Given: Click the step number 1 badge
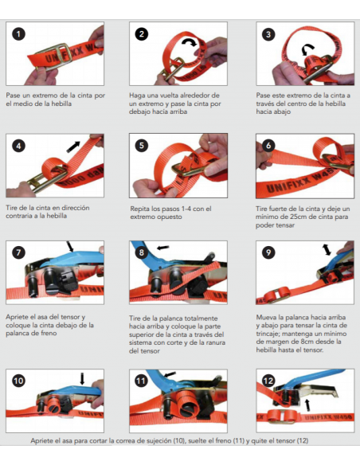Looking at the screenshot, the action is (x=18, y=33).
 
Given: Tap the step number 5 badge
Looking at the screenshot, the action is (x=142, y=146).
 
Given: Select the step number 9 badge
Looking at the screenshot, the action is (x=268, y=252).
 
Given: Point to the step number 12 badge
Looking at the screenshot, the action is (x=268, y=381).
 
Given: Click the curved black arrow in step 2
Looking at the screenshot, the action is (x=190, y=42).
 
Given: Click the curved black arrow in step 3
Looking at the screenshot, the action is (x=307, y=49).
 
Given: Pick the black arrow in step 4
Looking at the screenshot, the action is (x=73, y=147).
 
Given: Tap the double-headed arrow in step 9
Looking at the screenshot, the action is (x=327, y=250).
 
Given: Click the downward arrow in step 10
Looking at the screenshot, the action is (x=83, y=379).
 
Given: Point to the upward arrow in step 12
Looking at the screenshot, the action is (x=307, y=405).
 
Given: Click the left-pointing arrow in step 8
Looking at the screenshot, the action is (x=162, y=248).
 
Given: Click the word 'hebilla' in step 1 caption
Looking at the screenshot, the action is (x=61, y=104).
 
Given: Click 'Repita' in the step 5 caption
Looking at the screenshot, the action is (x=139, y=209).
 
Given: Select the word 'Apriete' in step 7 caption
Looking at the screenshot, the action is (x=16, y=318).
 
